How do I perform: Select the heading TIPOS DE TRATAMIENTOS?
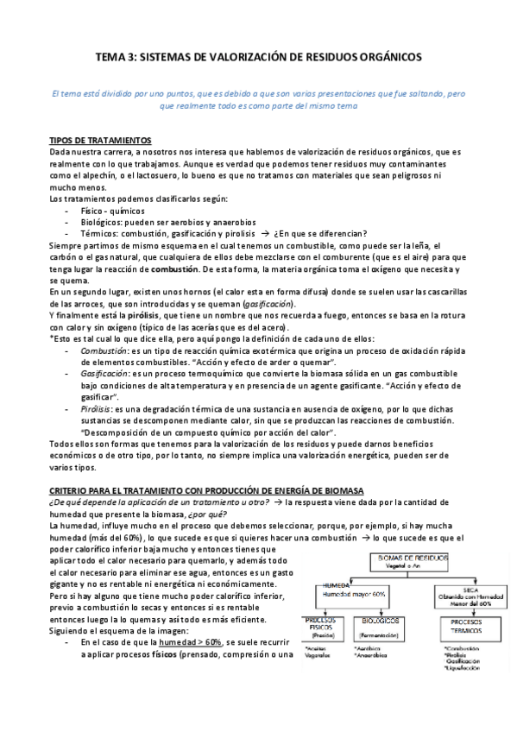[x=101, y=140]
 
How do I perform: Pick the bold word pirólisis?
[x=123, y=317]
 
